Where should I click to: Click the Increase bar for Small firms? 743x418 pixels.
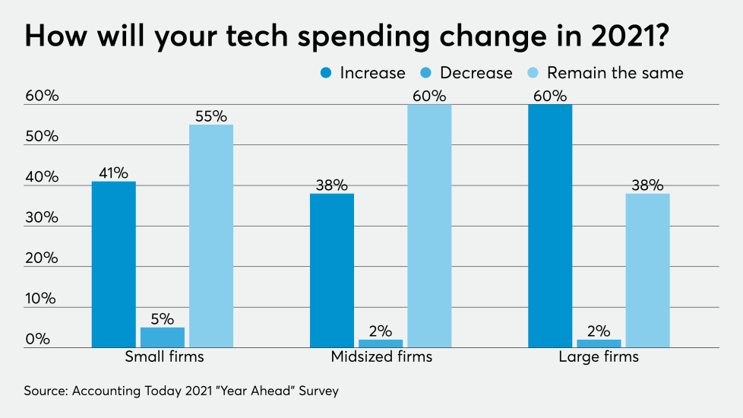pos(114,264)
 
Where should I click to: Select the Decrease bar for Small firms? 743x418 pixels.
pos(163,337)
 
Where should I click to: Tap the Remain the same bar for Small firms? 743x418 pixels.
pos(211,236)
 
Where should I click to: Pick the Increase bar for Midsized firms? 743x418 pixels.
pos(332,271)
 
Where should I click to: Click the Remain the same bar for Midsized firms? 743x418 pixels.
pos(429,226)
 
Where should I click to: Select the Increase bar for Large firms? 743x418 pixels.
pos(550,226)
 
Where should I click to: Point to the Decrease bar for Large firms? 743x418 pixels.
pos(599,344)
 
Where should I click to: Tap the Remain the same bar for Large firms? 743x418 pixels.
pos(647,271)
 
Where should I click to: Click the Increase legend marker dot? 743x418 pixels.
pos(326,73)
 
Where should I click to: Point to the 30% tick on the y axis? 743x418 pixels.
pos(41,218)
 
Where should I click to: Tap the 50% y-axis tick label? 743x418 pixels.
pos(41,137)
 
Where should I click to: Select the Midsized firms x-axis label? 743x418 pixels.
pos(381,356)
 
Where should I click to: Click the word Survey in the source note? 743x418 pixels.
pos(316,391)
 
